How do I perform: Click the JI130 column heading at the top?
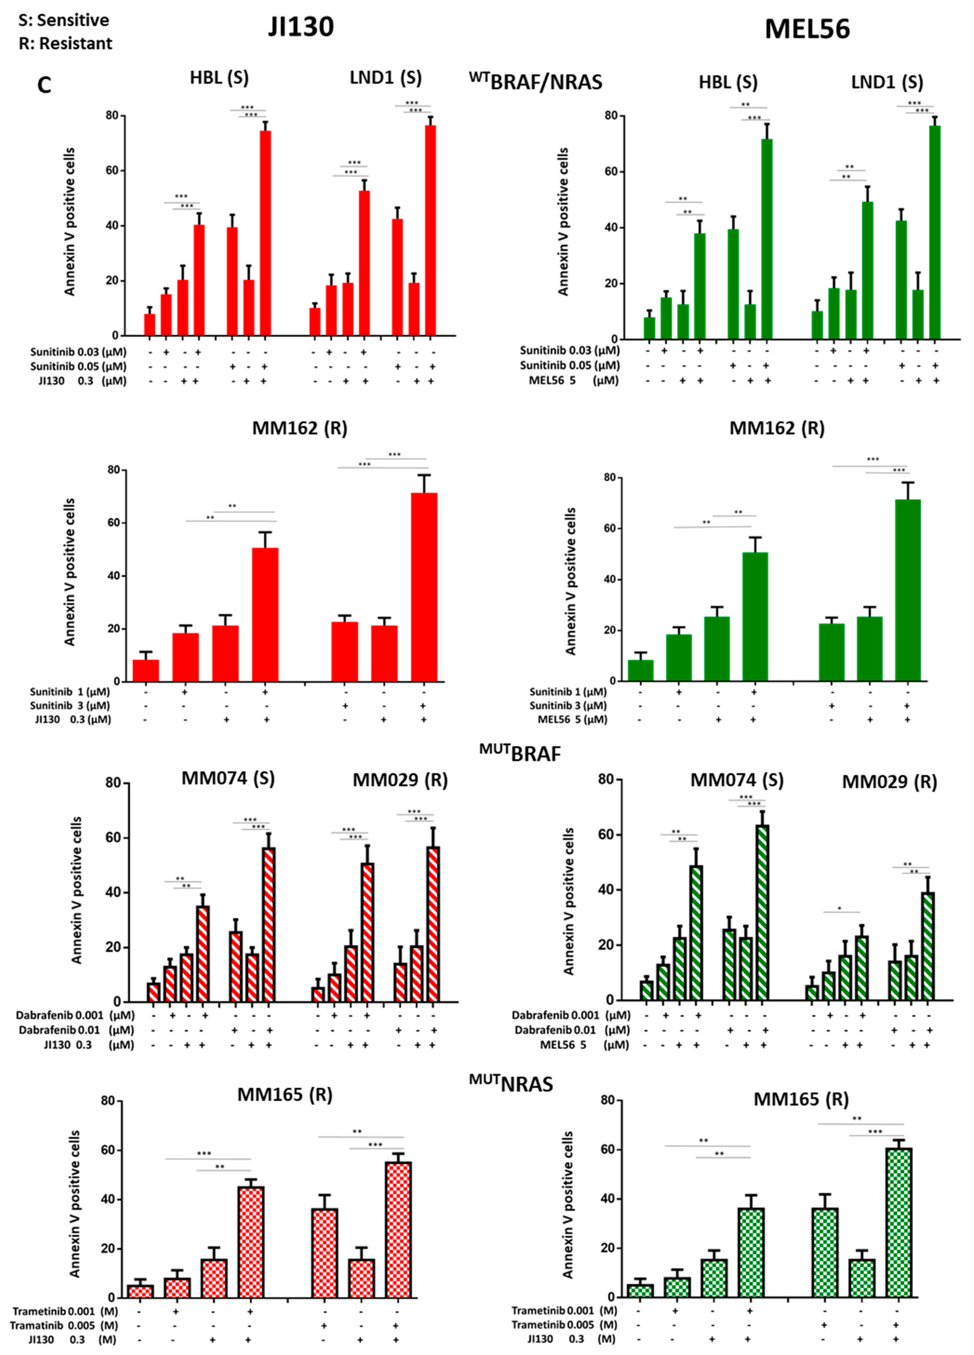(301, 27)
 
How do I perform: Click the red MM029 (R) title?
(400, 780)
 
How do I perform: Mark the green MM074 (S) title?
(737, 780)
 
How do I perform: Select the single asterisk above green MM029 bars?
(840, 909)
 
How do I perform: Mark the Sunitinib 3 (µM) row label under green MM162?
(568, 706)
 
